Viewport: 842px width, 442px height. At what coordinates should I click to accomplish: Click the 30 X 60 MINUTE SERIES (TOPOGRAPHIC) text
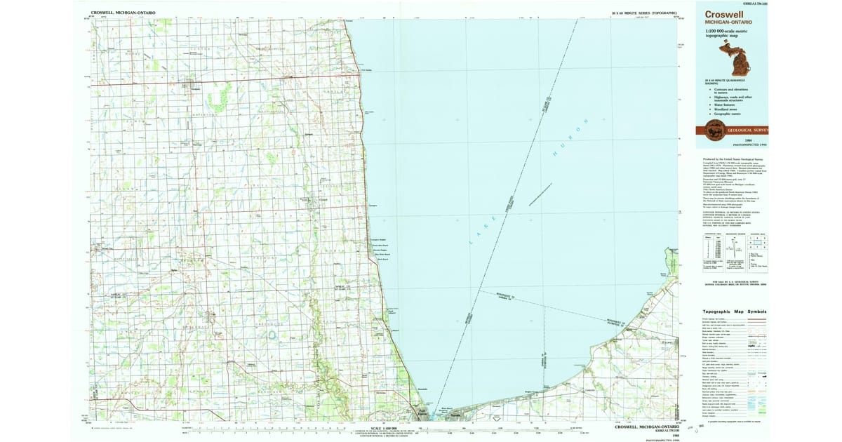(x=643, y=13)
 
